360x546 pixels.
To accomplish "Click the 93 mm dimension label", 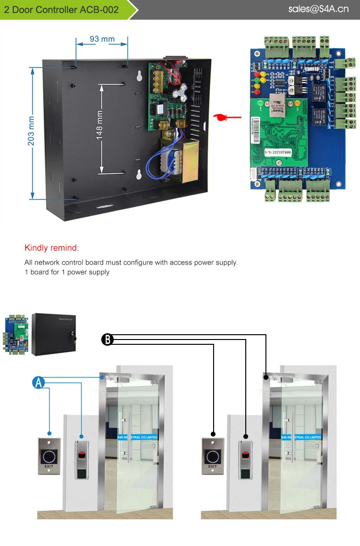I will pyautogui.click(x=101, y=38).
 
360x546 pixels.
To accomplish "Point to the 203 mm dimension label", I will pyautogui.click(x=31, y=133).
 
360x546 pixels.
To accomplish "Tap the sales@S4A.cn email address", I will pyautogui.click(x=318, y=9).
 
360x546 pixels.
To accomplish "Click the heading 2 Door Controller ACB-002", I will pyautogui.click(x=61, y=10).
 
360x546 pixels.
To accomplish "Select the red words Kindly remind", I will pyautogui.click(x=51, y=248).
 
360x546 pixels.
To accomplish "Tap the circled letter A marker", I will pyautogui.click(x=38, y=382).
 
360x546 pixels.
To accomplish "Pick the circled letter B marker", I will pyautogui.click(x=108, y=340).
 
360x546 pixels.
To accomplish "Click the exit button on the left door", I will pyautogui.click(x=49, y=456).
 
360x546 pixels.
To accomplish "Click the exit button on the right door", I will pyautogui.click(x=213, y=456).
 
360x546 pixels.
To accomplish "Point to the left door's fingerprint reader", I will pyautogui.click(x=82, y=459).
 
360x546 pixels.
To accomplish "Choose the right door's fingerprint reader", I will pyautogui.click(x=246, y=459).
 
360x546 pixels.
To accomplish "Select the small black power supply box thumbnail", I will pyautogui.click(x=54, y=334).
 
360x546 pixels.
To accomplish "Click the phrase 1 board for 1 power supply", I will pyautogui.click(x=67, y=272).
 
